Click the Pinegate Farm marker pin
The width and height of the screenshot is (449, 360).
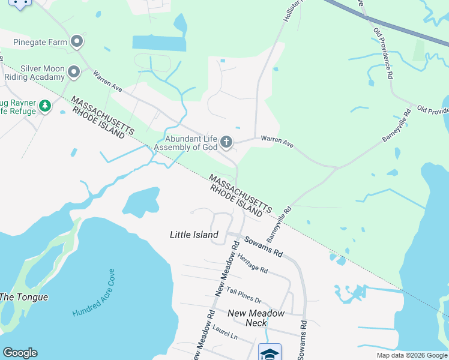point(76,42)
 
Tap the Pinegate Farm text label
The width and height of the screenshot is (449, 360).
point(40,42)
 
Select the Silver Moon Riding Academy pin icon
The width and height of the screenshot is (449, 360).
point(74,73)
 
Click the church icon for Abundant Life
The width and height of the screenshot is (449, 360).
point(226,142)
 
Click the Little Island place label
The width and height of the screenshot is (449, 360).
point(194,235)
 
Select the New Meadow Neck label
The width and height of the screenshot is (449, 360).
point(256,317)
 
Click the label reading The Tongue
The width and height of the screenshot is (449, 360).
point(23,297)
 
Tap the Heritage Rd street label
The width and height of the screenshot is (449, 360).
point(252,263)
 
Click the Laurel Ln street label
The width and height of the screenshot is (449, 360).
point(225,333)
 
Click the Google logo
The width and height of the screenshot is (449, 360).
point(20,353)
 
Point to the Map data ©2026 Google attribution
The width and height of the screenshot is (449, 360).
point(412,355)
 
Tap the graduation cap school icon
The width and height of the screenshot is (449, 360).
point(269,352)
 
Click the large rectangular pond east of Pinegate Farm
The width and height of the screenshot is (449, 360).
point(159,43)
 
